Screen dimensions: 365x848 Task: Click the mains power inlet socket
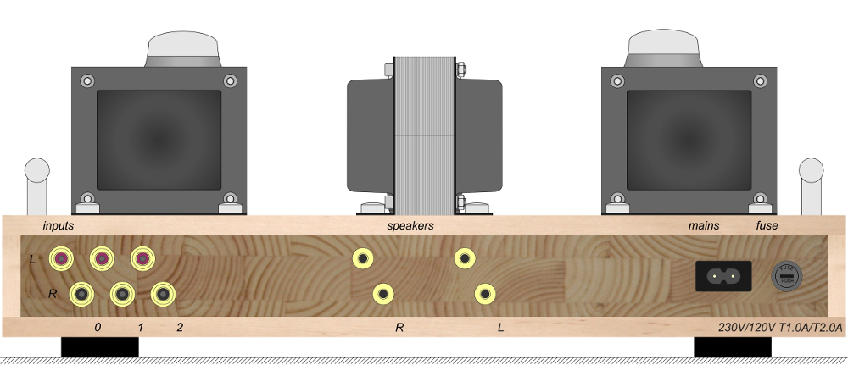click(723, 276)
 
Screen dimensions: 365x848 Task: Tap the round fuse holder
click(785, 276)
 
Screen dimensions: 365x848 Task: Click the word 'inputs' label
click(59, 226)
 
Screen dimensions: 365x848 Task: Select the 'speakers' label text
click(410, 226)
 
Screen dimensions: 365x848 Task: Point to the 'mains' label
click(704, 226)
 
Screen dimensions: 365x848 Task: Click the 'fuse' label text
click(767, 226)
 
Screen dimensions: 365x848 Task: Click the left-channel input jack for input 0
click(61, 258)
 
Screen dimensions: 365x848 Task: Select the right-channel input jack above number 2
click(163, 294)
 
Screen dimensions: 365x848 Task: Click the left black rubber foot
click(99, 346)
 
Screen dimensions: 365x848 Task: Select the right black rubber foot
click(733, 346)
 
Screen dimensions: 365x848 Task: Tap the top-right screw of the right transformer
click(760, 82)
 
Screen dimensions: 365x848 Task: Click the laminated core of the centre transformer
click(425, 135)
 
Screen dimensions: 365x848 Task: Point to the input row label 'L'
click(32, 259)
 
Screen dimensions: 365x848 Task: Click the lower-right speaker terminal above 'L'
click(485, 294)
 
